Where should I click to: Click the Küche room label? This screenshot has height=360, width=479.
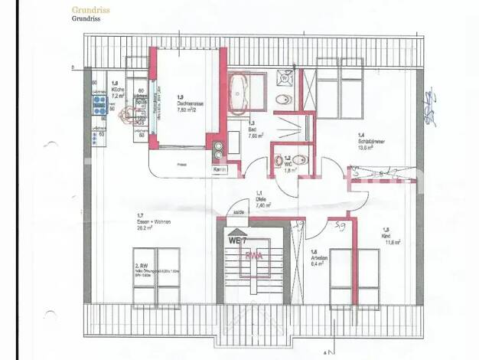[116, 96]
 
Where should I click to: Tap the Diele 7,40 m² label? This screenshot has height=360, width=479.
[262, 201]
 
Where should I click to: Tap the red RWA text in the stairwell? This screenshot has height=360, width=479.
[254, 257]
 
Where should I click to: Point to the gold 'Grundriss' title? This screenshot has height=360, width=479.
[89, 10]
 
